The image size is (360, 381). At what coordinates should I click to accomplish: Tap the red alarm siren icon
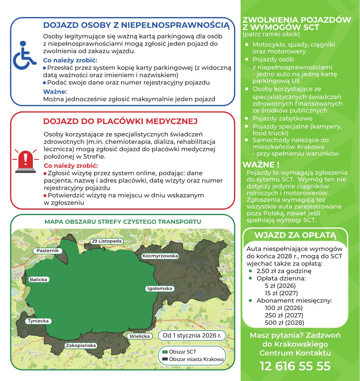click(x=26, y=161)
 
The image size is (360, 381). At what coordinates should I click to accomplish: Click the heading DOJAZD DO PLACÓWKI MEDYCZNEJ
click(x=120, y=121)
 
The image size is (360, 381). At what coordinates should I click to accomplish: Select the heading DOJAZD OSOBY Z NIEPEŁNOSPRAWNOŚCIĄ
click(x=136, y=25)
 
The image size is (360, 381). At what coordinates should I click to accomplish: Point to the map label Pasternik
click(x=48, y=250)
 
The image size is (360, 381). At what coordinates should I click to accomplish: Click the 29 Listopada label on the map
click(x=106, y=241)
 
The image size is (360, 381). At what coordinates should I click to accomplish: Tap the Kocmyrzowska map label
click(x=160, y=256)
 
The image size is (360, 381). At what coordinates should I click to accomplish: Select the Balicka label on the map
click(x=38, y=279)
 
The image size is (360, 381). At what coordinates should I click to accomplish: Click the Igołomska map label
click(x=160, y=288)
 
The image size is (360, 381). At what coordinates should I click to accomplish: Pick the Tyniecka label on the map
click(x=38, y=321)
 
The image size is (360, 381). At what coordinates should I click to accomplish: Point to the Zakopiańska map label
click(x=81, y=345)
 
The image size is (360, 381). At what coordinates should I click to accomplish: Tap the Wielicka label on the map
click(x=140, y=336)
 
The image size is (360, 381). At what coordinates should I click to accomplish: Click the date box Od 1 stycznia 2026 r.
click(x=192, y=335)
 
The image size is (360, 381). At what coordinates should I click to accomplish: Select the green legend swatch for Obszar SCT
click(x=165, y=352)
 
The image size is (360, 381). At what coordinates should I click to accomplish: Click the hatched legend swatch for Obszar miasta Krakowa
click(x=165, y=359)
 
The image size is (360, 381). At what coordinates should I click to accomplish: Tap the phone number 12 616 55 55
click(x=295, y=366)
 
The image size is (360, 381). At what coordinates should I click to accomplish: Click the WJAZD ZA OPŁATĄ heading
click(x=295, y=235)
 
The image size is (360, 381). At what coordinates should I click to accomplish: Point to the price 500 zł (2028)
click(x=284, y=323)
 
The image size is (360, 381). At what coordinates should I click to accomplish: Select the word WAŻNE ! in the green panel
click(x=261, y=165)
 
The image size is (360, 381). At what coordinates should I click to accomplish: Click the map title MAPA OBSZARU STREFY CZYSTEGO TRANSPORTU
click(x=123, y=222)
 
